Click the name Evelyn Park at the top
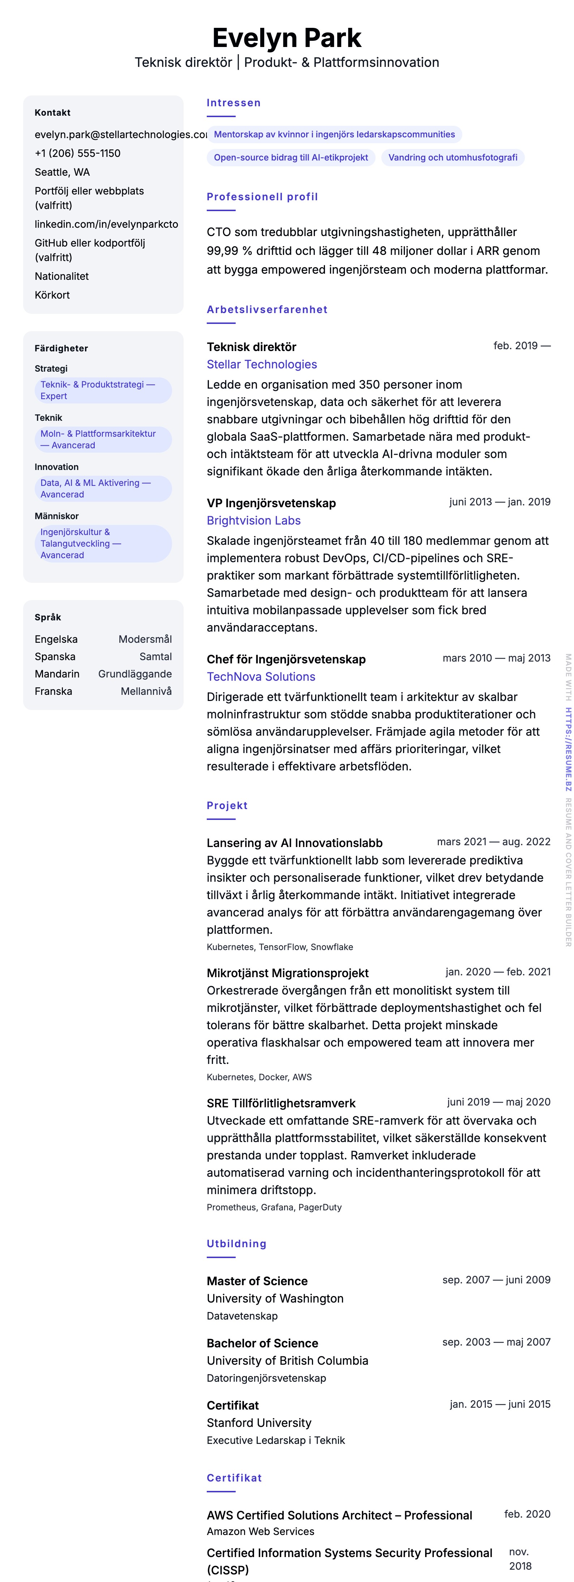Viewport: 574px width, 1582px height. [287, 38]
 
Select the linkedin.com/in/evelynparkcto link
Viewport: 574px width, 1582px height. [106, 224]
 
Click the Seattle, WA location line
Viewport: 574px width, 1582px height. [62, 172]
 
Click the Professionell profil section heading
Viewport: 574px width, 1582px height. [262, 197]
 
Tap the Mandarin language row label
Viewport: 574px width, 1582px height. [57, 674]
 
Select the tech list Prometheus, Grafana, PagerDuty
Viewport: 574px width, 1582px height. [274, 1207]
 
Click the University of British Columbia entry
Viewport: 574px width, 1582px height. [287, 1361]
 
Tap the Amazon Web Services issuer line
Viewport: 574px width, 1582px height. [260, 1532]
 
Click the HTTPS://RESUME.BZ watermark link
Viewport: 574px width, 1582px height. [569, 749]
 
